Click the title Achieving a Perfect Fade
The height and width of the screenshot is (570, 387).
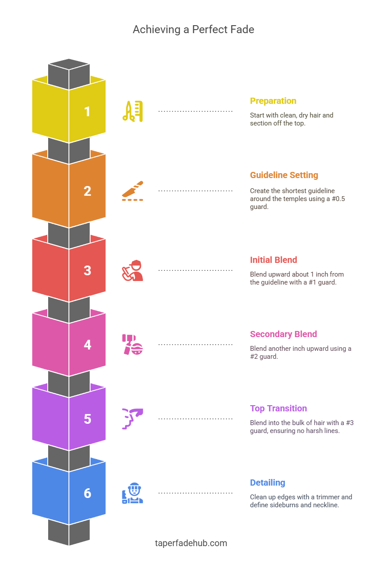[193, 30]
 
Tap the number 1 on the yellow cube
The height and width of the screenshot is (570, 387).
[87, 111]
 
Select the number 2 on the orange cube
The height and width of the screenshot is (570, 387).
[87, 191]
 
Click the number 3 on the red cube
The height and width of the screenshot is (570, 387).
[87, 270]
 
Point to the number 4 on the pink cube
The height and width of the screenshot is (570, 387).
[87, 345]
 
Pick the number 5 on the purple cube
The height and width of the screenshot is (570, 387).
[87, 419]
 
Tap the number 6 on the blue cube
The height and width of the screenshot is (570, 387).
[87, 493]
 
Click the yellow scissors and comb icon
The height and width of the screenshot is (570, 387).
[133, 111]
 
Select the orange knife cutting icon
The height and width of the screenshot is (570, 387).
[133, 191]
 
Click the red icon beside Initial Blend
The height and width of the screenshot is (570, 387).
[133, 270]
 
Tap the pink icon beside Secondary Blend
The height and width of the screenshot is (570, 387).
[133, 345]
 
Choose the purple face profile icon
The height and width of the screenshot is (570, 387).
[133, 419]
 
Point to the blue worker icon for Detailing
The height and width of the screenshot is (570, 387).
[133, 493]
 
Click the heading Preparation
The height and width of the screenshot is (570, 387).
[273, 101]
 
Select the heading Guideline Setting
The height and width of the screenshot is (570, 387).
[284, 175]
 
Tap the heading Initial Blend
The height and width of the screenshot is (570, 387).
[273, 260]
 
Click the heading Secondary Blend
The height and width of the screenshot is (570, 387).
[283, 334]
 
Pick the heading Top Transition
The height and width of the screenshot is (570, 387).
[278, 408]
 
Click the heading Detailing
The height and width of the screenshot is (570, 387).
[267, 483]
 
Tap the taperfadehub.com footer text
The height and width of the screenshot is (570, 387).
[191, 543]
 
